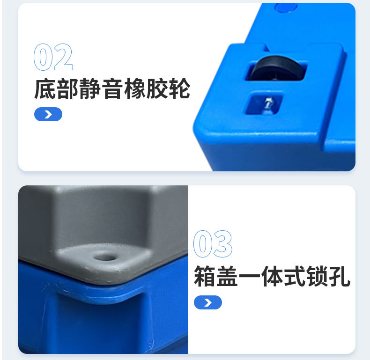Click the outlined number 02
53,58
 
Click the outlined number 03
213,244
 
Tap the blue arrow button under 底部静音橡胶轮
48,114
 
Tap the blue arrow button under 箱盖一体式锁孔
208,302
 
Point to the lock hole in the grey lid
103,256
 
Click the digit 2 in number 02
63,58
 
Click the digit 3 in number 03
223,244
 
